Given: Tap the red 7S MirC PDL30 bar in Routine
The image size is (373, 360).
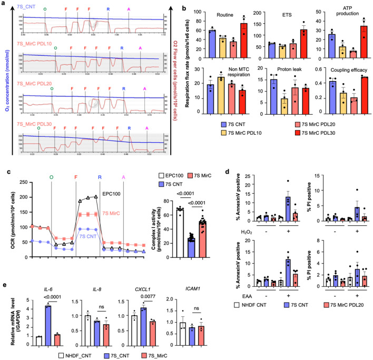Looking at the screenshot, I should point(244,40).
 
